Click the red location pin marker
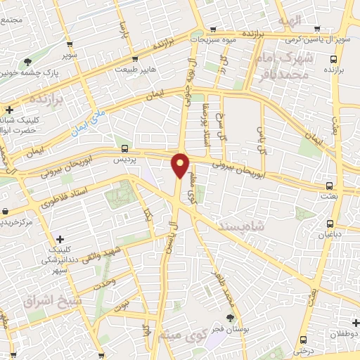click(181, 166)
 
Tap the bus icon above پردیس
click(124, 148)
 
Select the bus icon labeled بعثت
click(329, 186)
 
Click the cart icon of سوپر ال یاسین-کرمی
click(317, 29)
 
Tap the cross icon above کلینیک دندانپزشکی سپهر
click(60, 240)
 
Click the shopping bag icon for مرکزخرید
click(5, 211)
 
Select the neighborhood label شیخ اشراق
click(53, 301)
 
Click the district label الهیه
click(288, 19)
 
